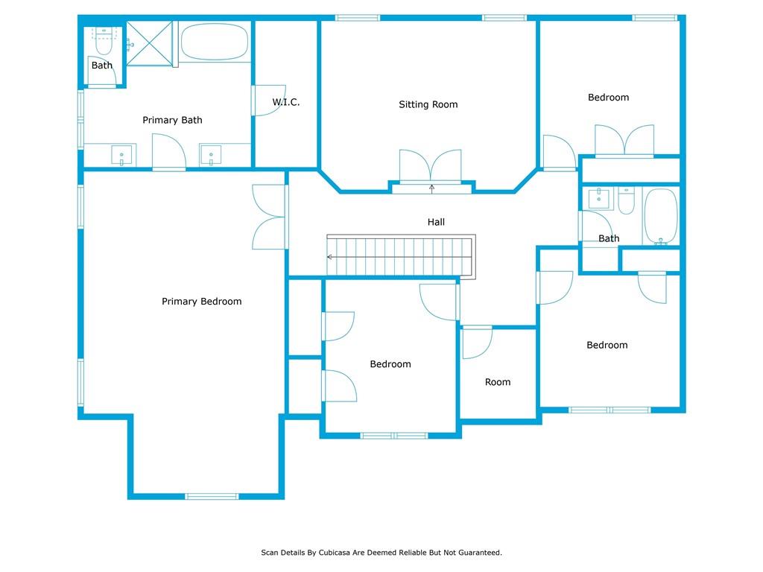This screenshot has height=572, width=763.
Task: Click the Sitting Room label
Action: pyautogui.click(x=428, y=104)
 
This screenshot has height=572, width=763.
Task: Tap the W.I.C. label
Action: pyautogui.click(x=285, y=102)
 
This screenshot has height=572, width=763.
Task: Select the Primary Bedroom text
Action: pyautogui.click(x=201, y=302)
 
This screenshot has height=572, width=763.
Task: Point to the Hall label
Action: pyautogui.click(x=436, y=222)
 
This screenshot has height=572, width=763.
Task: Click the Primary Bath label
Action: pyautogui.click(x=172, y=120)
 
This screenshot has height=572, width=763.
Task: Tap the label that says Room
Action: pyautogui.click(x=498, y=382)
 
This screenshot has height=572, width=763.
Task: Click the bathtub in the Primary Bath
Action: pyautogui.click(x=214, y=42)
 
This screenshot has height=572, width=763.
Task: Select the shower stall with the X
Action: pyautogui.click(x=149, y=43)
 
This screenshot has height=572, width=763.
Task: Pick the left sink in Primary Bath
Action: pyautogui.click(x=121, y=156)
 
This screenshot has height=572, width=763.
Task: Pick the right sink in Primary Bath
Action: pyautogui.click(x=211, y=155)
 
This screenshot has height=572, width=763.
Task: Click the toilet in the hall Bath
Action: pyautogui.click(x=626, y=200)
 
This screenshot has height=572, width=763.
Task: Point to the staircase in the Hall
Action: pyautogui.click(x=401, y=256)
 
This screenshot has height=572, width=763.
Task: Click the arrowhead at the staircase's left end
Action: pyautogui.click(x=329, y=257)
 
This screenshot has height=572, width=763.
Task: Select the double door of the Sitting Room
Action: pyautogui.click(x=431, y=166)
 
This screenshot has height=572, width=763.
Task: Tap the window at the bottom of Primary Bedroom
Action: pyautogui.click(x=212, y=496)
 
